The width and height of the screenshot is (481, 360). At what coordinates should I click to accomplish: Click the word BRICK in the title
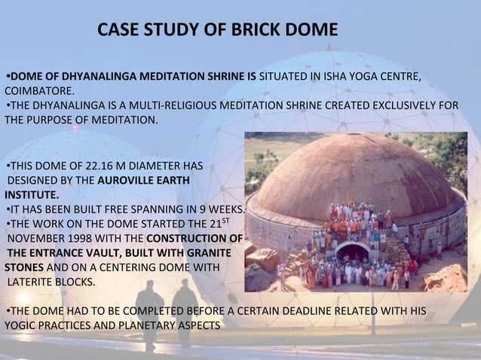[x=250, y=31]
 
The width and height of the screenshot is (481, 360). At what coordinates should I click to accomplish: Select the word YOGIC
[x=21, y=325]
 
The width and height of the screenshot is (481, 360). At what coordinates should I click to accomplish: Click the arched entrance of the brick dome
[x=353, y=252]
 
